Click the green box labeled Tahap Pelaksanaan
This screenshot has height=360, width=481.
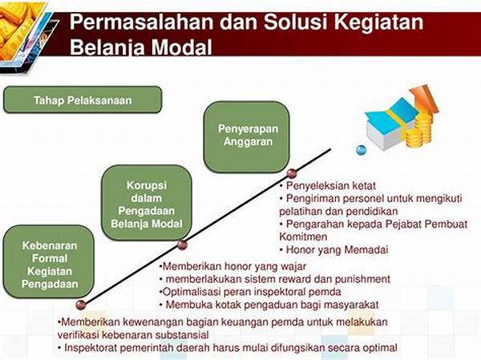[83, 99]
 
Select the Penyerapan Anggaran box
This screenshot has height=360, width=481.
[247, 136]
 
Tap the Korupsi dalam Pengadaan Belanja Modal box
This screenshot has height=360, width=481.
[147, 203]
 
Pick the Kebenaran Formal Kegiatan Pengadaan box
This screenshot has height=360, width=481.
[49, 262]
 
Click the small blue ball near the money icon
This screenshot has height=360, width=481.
[361, 150]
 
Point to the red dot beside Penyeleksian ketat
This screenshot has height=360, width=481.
[292, 173]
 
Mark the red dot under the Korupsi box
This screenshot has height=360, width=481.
[182, 245]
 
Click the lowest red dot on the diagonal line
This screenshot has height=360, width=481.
[81, 305]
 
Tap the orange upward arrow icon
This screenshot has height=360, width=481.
[425, 99]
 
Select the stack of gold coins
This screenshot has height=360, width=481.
[419, 131]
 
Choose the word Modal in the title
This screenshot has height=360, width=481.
[181, 47]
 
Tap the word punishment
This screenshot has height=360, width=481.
[362, 279]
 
